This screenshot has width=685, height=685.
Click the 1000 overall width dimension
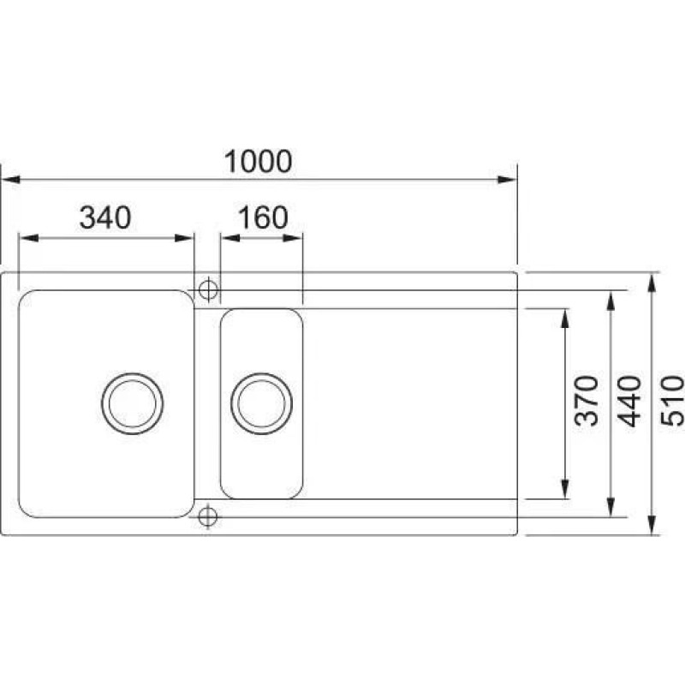(x=259, y=161)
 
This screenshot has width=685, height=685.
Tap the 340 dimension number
(x=105, y=217)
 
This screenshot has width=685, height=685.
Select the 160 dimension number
(x=263, y=217)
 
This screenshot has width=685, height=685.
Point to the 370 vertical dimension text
(x=587, y=401)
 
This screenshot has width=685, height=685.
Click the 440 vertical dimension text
(x=629, y=401)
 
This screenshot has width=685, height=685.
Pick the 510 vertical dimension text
(x=672, y=401)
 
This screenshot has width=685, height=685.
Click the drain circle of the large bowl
(x=133, y=403)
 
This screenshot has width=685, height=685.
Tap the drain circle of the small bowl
(x=261, y=403)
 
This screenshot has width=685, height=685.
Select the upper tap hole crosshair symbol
(x=208, y=289)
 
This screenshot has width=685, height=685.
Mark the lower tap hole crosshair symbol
(x=207, y=517)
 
